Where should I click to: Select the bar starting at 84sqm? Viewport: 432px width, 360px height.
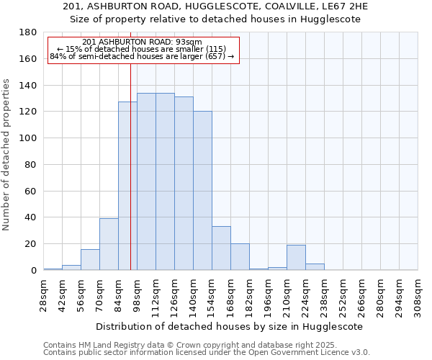click(127, 186)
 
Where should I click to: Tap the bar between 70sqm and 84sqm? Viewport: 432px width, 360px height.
click(109, 244)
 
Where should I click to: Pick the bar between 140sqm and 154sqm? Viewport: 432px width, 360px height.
click(202, 191)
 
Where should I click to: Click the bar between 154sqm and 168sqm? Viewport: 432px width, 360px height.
click(221, 248)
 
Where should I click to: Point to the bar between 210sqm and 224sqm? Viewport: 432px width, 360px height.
click(296, 258)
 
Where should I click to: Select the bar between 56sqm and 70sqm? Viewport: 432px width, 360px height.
click(90, 260)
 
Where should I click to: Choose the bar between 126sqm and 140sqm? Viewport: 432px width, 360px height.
click(184, 184)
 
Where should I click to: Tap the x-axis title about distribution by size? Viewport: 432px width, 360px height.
click(230, 326)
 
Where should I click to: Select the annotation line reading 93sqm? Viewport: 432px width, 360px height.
click(143, 42)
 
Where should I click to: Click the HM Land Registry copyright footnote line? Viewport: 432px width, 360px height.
click(190, 345)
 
